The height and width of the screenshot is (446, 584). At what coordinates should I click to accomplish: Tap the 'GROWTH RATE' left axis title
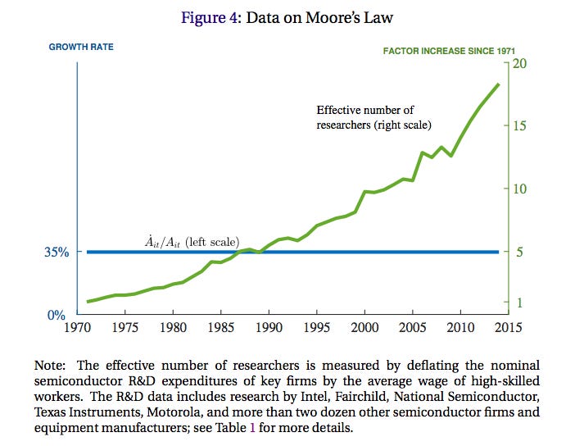(x=81, y=47)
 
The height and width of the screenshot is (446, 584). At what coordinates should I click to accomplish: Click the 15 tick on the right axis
(x=519, y=125)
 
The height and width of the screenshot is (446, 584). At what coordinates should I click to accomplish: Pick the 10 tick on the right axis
(x=519, y=189)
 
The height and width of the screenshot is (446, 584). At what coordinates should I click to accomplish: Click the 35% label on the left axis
(x=56, y=252)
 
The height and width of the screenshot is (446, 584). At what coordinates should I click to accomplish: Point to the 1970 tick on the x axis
(x=77, y=327)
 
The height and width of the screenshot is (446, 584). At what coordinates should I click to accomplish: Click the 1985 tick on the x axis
(x=221, y=327)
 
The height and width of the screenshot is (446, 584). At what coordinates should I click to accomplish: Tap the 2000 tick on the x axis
(x=364, y=327)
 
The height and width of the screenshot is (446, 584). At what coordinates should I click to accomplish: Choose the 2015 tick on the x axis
(x=508, y=327)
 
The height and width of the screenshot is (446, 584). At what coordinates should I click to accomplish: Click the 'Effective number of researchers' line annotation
(x=373, y=117)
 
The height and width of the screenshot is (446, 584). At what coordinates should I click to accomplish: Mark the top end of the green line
(x=498, y=84)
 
